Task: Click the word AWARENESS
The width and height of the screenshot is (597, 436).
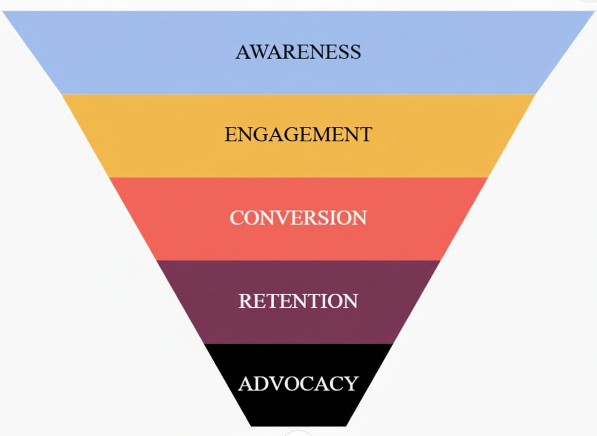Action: coord(298,52)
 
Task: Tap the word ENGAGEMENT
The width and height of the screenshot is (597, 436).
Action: coord(298,135)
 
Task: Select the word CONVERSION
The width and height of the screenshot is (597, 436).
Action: coord(298,218)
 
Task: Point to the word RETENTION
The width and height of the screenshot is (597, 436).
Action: coord(298,301)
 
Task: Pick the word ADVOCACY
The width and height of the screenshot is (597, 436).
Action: coord(298,384)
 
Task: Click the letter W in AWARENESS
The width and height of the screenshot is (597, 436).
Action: coord(258,52)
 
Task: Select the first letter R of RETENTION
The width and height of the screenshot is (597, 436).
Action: coord(245,301)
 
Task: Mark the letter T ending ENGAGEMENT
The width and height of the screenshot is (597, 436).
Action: coord(365,135)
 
